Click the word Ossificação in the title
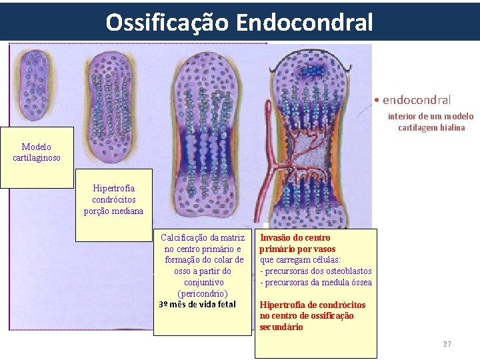(167, 22)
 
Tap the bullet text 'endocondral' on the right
(417, 100)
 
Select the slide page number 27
(447, 344)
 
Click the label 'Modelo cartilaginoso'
(37, 152)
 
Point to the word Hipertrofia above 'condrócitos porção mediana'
(113, 189)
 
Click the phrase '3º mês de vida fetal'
(197, 305)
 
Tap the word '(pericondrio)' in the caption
(203, 293)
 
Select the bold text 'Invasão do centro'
(295, 237)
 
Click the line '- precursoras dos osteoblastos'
(316, 271)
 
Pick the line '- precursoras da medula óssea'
(316, 282)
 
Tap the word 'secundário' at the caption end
(281, 327)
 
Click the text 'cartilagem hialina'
(431, 127)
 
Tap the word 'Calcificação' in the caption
(185, 237)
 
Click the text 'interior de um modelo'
(431, 116)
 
